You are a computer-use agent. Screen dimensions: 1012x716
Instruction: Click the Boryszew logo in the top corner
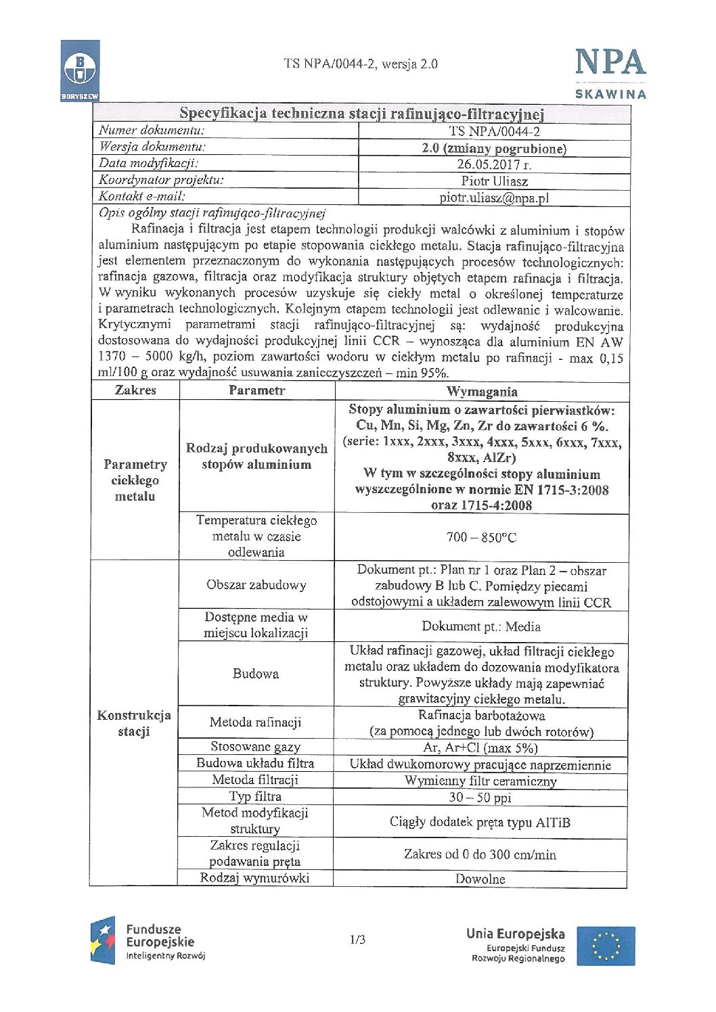pos(80,70)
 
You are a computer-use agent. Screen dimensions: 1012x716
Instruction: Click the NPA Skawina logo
pos(610,73)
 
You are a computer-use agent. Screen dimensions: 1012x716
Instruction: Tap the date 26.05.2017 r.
pos(494,164)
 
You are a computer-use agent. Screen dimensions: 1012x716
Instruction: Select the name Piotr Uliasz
pos(494,181)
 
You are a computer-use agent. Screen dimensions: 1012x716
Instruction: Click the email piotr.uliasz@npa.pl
pos(494,198)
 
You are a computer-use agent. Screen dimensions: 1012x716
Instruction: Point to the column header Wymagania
pos(482,392)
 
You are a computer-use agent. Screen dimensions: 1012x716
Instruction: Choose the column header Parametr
pos(256,390)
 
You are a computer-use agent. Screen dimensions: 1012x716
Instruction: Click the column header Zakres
pos(135,390)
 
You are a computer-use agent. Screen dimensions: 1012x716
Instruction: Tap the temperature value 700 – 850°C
pos(481,538)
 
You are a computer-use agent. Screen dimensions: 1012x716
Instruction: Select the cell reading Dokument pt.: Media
pos(481,626)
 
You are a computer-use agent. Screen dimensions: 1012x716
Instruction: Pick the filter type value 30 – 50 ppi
pos(480,798)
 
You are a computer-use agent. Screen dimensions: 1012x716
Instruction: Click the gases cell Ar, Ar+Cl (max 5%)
pos(480,748)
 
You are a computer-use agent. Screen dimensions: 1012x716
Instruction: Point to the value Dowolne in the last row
pos(480,879)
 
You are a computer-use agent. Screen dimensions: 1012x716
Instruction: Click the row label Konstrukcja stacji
pos(134,723)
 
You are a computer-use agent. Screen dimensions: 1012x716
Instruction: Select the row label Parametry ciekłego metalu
pos(135,480)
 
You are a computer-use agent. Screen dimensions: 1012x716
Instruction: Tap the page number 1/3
pos(357,940)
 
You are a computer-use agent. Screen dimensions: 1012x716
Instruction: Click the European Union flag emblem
pos(606,946)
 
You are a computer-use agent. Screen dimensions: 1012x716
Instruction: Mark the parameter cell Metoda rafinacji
pos(255,722)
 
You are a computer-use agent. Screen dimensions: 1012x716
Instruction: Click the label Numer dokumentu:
pos(152,131)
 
